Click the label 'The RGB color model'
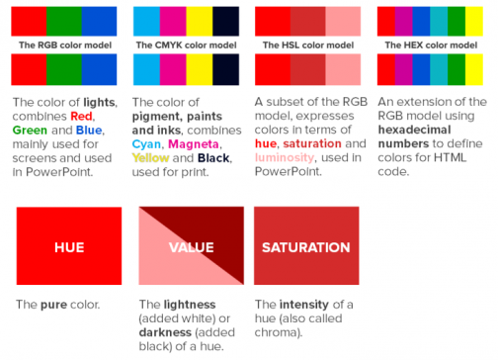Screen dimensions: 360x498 click(x=61, y=45)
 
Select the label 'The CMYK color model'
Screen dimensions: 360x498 click(x=185, y=45)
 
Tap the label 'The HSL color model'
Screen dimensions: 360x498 click(x=307, y=45)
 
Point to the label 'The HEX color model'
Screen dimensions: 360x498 click(x=432, y=45)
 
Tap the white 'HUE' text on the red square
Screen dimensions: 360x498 click(x=69, y=246)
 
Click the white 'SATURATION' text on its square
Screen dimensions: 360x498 click(x=307, y=246)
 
